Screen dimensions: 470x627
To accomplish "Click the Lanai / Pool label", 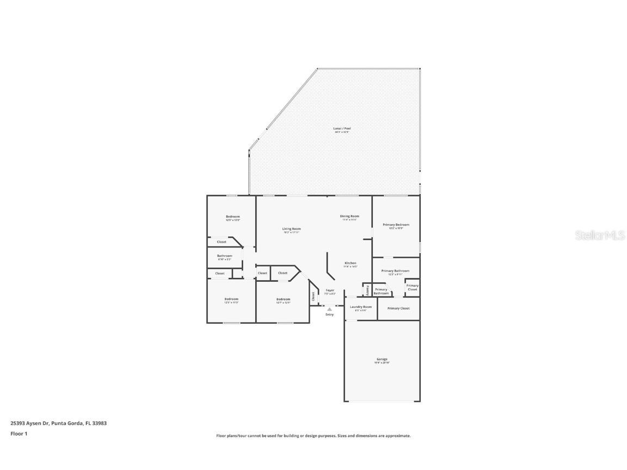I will tap(342, 129).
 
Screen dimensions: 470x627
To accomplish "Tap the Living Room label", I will tap(291, 229).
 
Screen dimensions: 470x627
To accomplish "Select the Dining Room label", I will tap(349, 217).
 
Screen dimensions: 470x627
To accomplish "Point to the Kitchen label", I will tap(350, 263).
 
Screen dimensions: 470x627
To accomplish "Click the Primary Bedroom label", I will tap(396, 225).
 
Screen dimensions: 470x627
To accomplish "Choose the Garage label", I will tap(382, 360).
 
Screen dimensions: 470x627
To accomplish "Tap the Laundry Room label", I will tap(360, 307).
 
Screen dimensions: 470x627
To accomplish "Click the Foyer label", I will tap(330, 290).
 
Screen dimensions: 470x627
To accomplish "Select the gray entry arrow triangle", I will tap(329, 309).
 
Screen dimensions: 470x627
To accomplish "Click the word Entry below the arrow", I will tap(329, 314).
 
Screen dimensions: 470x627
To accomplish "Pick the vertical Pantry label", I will tap(367, 289).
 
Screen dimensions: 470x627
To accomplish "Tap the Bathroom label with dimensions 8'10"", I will tap(224, 256).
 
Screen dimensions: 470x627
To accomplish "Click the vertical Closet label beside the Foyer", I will tap(313, 296).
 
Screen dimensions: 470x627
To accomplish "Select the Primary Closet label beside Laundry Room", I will tap(398, 308).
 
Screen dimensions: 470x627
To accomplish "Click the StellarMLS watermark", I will tap(600, 235).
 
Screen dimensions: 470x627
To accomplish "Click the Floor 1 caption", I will tap(19, 434).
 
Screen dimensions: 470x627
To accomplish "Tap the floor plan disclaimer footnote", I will tap(313, 436).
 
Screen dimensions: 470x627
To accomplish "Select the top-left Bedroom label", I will tap(232, 217).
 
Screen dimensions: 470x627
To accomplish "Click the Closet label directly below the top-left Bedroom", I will tap(222, 242).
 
